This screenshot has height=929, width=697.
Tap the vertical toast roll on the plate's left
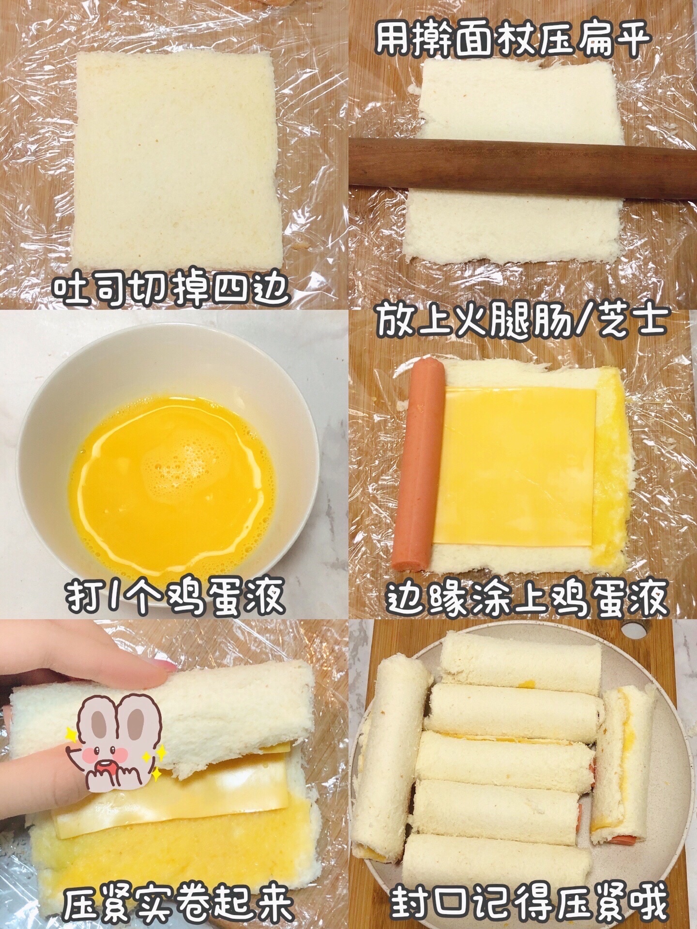pos(391,755)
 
